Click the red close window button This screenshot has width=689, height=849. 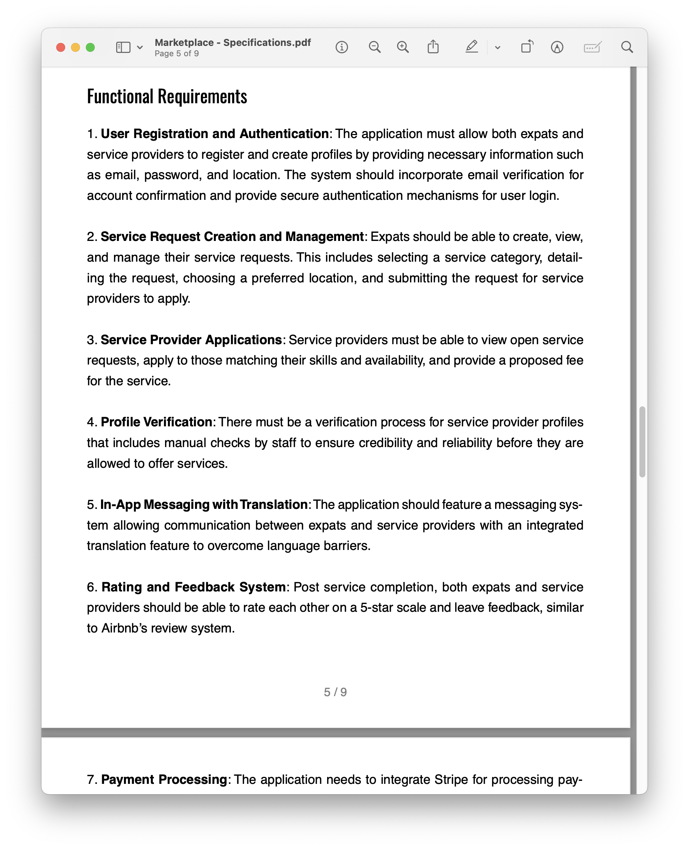click(x=61, y=48)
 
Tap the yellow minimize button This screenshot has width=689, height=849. click(x=75, y=48)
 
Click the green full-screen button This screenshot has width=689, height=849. click(x=91, y=48)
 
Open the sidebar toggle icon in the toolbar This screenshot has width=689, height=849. click(x=123, y=48)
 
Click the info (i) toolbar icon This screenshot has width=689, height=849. click(x=342, y=48)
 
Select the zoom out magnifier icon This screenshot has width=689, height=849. click(x=374, y=48)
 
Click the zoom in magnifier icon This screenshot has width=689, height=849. click(x=403, y=48)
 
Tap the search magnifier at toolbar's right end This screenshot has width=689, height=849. click(x=627, y=47)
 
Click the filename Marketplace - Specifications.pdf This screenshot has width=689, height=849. click(x=233, y=43)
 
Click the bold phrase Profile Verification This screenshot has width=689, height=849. click(x=157, y=422)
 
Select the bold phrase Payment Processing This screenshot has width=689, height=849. click(x=164, y=779)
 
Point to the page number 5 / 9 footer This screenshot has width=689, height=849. click(x=335, y=692)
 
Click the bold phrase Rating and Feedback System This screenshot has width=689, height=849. click(x=193, y=587)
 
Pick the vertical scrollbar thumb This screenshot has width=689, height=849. click(x=642, y=442)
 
